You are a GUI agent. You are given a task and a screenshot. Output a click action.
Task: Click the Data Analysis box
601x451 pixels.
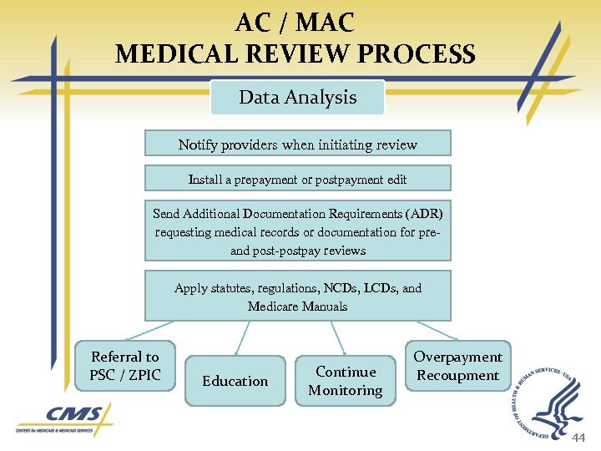click(x=297, y=98)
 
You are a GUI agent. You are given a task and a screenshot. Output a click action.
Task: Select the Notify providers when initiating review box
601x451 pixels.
click(x=297, y=144)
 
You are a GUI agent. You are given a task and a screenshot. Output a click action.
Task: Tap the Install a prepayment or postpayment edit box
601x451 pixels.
click(x=297, y=179)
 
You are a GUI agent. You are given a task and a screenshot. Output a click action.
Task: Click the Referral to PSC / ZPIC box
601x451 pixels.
click(x=124, y=366)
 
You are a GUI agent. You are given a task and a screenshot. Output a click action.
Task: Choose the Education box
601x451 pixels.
click(x=235, y=381)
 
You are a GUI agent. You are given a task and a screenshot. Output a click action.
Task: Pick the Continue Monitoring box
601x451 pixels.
click(x=346, y=381)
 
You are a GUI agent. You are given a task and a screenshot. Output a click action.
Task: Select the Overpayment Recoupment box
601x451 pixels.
click(x=457, y=366)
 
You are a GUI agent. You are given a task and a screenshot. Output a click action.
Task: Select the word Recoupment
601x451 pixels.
click(x=457, y=375)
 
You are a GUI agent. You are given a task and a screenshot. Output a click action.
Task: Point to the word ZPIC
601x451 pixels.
click(x=145, y=375)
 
